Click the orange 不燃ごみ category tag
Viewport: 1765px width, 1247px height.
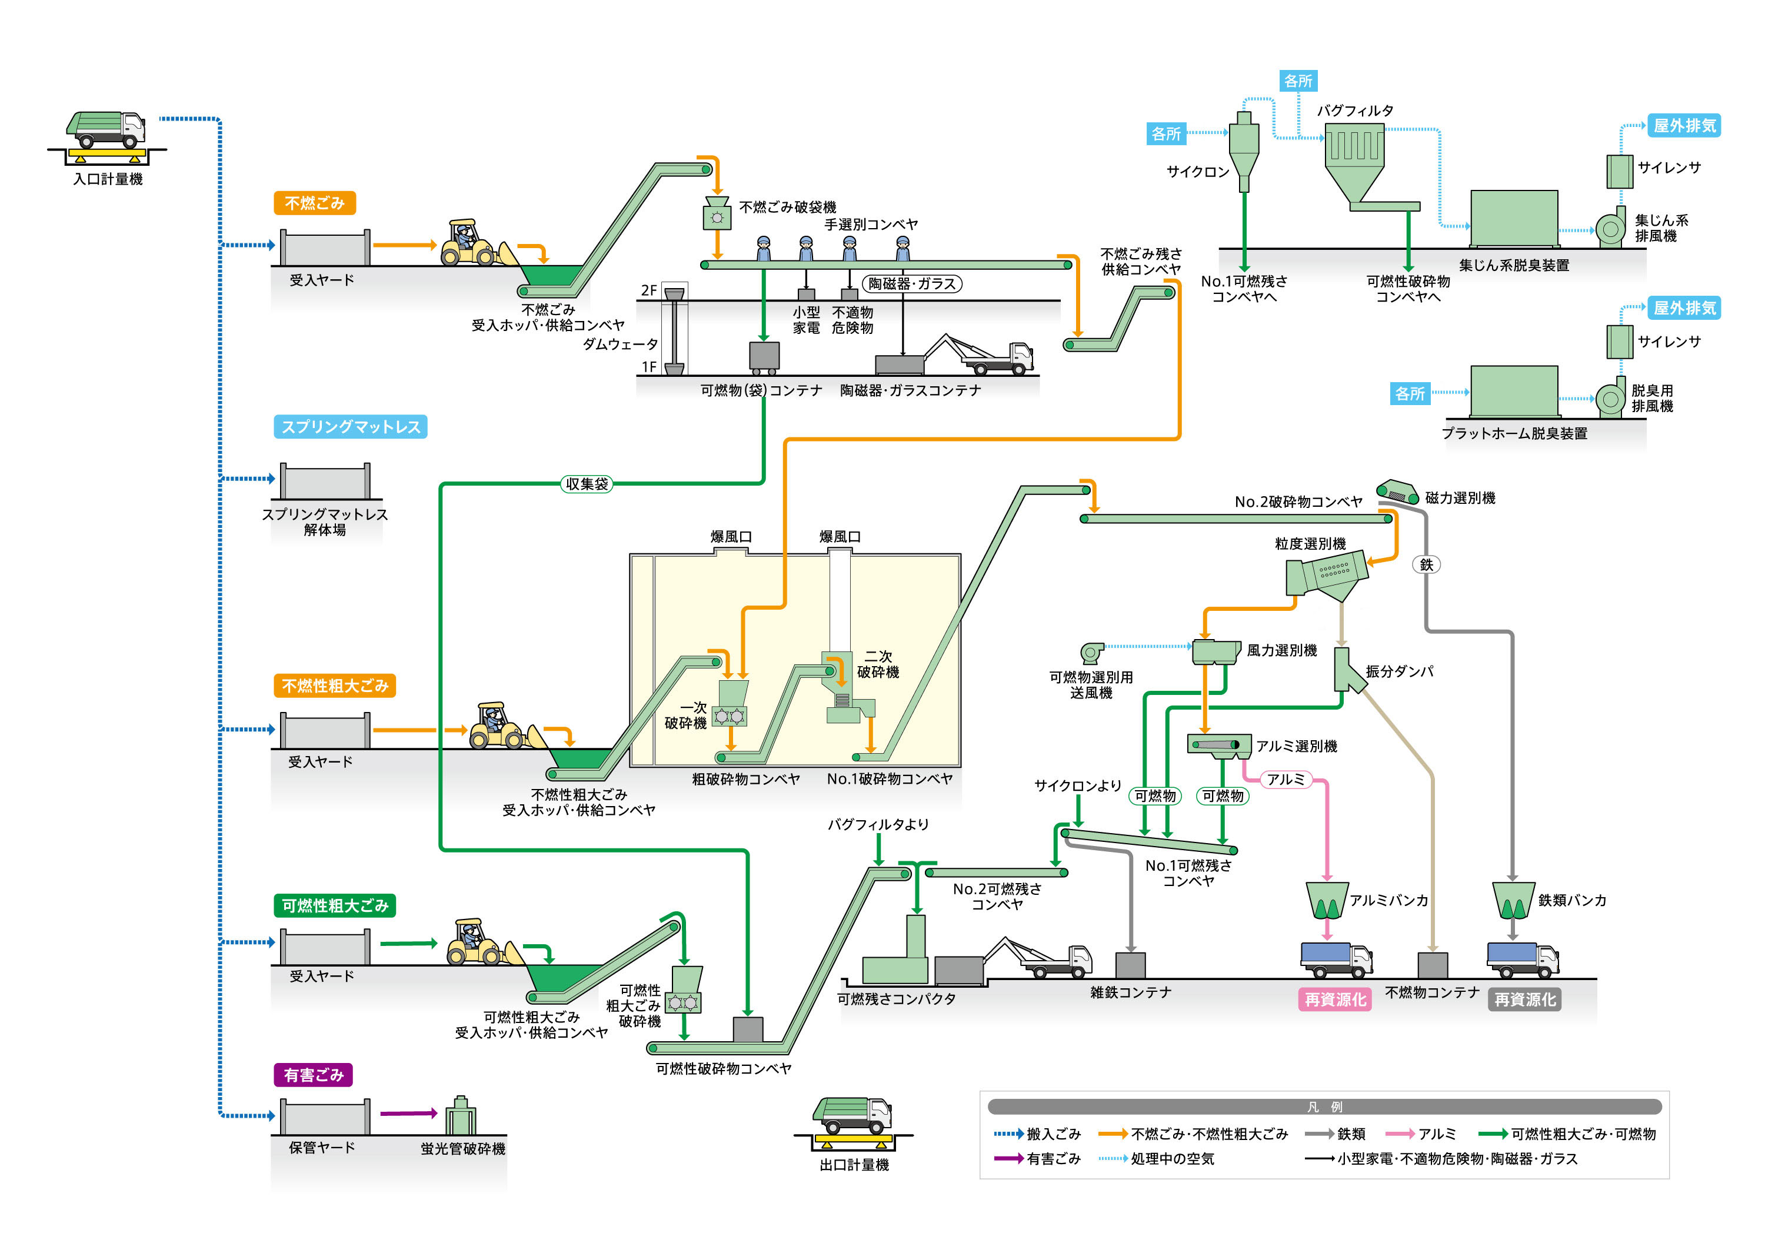tap(314, 203)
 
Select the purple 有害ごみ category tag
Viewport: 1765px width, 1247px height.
tap(313, 1075)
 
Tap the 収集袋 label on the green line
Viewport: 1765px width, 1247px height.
tap(587, 484)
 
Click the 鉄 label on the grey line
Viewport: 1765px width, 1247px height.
tap(1426, 565)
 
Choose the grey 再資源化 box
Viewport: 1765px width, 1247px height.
tap(1524, 999)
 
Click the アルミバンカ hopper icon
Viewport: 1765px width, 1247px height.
tap(1327, 901)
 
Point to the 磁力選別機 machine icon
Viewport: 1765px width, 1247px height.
tap(1397, 492)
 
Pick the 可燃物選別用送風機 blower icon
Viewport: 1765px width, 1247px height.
tap(1091, 653)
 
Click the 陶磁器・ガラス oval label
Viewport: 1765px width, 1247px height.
tap(912, 283)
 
